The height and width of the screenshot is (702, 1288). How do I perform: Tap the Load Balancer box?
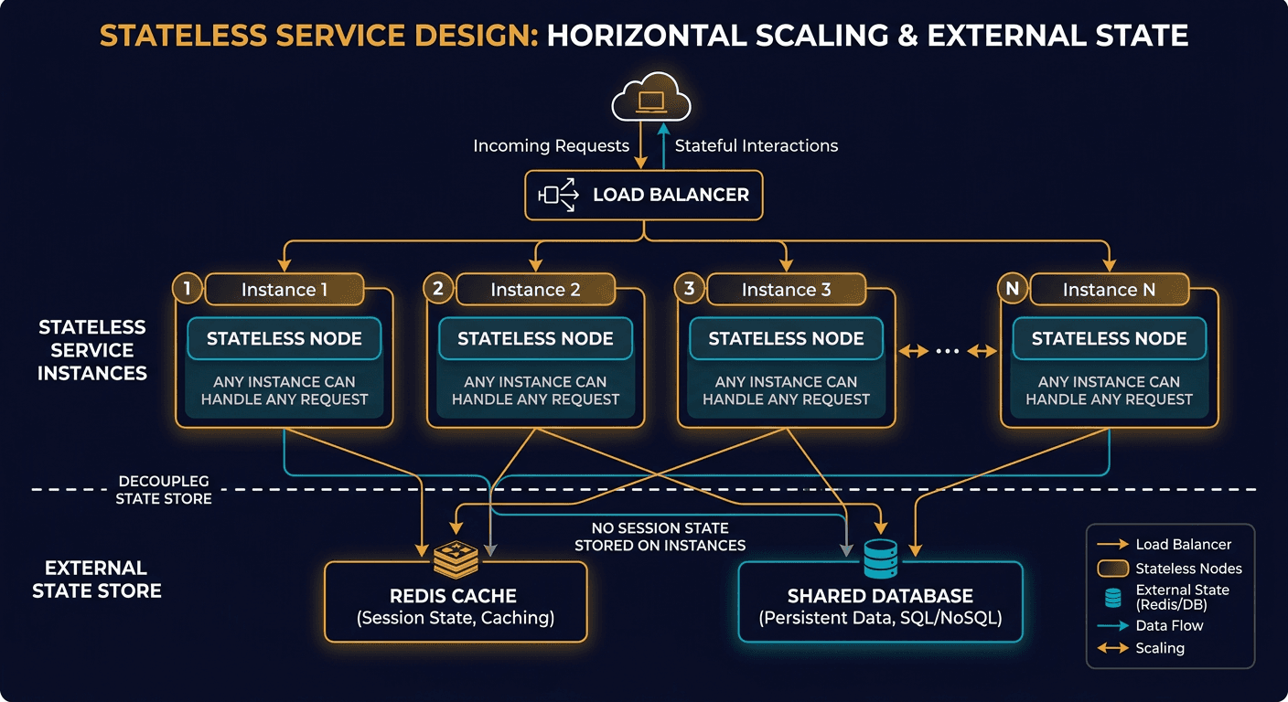coord(644,194)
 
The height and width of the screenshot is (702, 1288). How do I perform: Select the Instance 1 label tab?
coord(284,290)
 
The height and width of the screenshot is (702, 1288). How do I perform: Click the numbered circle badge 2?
coord(438,290)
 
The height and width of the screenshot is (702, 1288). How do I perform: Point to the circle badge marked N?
coord(1012,290)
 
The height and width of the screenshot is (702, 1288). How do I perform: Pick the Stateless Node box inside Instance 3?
coord(786,339)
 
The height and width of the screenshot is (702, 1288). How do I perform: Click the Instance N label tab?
coord(1109,290)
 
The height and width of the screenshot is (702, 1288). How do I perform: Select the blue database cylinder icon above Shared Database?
coord(881,558)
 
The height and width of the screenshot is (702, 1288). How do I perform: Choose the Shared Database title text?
coord(880,596)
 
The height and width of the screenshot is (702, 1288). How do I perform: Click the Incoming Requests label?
coord(551,146)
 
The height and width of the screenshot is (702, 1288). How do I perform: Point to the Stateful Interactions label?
coord(756,146)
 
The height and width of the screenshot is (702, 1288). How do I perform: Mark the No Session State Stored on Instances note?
coord(660,537)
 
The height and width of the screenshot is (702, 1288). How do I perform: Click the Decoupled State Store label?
coord(164,490)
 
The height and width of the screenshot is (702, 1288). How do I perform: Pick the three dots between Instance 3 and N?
coord(948,351)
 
